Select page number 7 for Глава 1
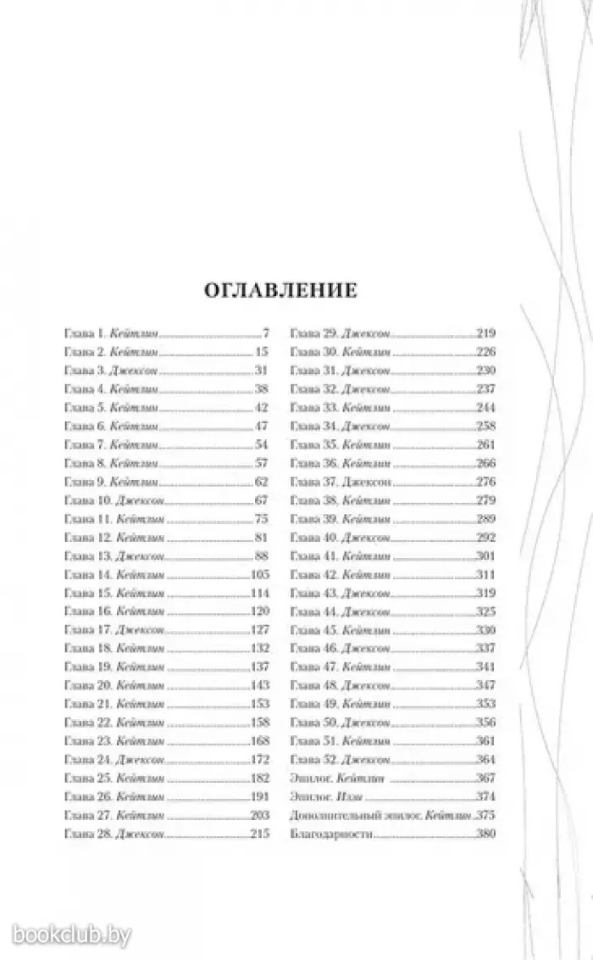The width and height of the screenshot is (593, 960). pos(265,333)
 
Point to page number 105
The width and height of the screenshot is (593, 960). pos(258,574)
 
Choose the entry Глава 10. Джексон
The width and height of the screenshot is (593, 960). pos(114,500)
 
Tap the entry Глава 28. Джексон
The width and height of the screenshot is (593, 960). pos(114,834)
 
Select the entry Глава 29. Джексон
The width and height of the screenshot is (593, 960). pos(341,333)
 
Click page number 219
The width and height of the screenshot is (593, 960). pos(486,333)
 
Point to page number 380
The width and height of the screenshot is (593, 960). pos(486,834)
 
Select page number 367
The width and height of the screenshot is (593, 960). pos(486,778)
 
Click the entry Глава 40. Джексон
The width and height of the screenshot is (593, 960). pos(341,538)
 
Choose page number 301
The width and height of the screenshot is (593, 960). pos(486,556)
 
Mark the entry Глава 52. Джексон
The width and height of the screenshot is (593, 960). pos(341,759)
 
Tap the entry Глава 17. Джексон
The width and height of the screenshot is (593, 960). pos(114,630)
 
